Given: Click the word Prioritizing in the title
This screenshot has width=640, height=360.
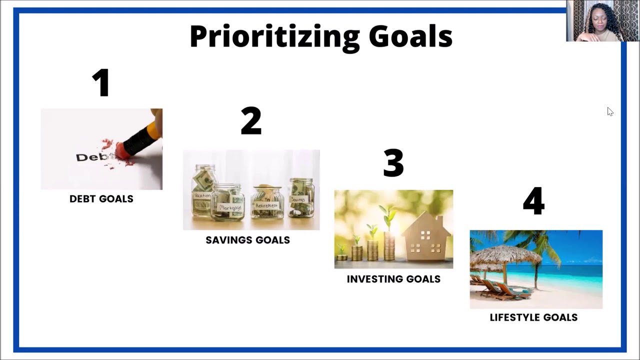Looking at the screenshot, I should point(274,36).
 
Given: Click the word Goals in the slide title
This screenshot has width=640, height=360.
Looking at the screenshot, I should point(410,36).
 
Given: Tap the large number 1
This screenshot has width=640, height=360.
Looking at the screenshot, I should point(101,82).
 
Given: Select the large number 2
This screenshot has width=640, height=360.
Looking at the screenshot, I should point(251,121).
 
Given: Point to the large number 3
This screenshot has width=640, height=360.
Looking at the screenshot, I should point(393,163).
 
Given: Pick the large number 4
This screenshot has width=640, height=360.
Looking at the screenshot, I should point(533,201).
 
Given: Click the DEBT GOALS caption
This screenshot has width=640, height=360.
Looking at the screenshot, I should point(101,199).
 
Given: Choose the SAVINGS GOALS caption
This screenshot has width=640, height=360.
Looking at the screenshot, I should point(247,240).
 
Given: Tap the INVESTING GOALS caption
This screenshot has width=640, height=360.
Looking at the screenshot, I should point(393,279).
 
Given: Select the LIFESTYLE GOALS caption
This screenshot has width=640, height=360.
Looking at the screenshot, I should point(533,317).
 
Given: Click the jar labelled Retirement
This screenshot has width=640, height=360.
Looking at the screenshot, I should point(267,202).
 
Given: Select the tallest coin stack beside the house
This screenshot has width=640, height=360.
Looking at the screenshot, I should point(389,245).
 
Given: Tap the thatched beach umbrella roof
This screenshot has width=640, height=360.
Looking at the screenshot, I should point(505,255).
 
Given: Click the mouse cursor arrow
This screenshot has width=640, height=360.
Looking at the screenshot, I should point(609,111).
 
